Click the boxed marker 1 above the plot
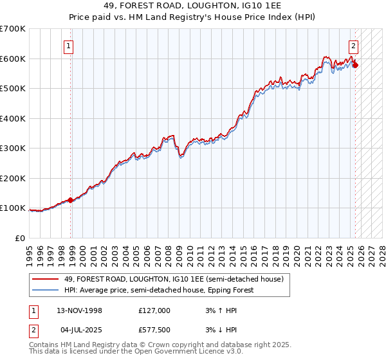(68, 46)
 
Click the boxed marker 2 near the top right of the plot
(353, 46)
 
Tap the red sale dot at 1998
(71, 200)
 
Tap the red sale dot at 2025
(356, 65)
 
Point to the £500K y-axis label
(13, 88)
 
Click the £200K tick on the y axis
(13, 178)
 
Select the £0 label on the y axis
(20, 238)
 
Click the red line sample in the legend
(46, 279)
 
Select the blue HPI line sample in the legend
(46, 290)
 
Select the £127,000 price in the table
(154, 310)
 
